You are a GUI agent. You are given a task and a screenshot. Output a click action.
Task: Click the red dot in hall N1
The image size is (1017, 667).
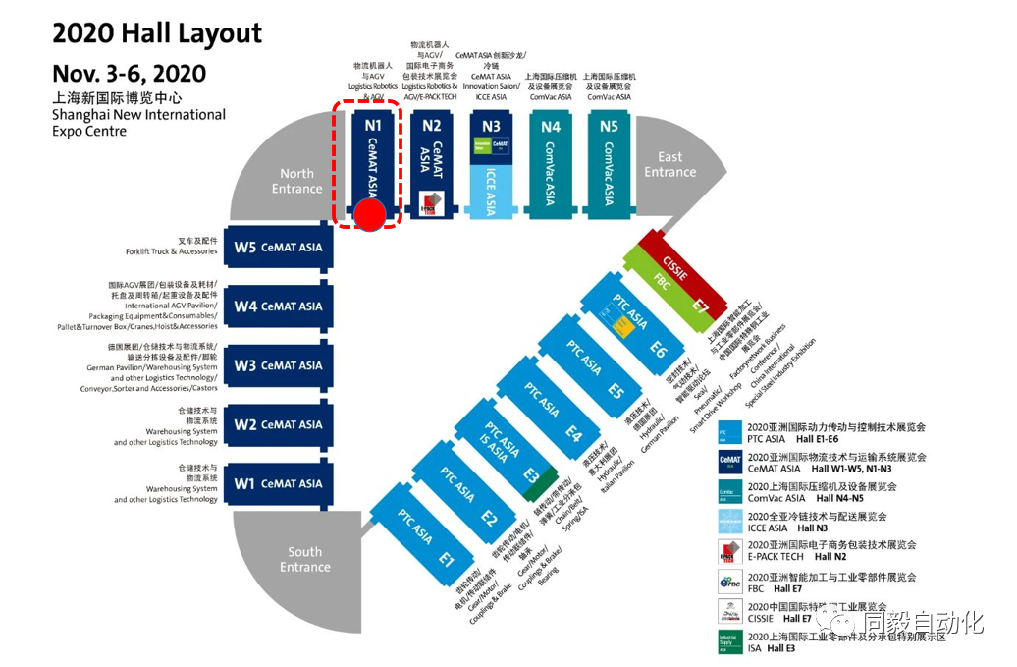tap(370, 215)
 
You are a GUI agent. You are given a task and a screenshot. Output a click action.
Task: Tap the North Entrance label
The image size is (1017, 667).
tap(296, 181)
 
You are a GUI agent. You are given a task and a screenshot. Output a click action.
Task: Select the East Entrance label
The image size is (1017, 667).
tap(670, 164)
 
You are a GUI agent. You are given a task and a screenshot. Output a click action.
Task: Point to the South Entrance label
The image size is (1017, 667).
tap(304, 559)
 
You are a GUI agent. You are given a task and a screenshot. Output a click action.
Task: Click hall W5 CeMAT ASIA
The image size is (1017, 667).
tap(279, 248)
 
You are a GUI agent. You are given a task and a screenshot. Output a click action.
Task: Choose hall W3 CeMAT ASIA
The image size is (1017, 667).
tap(279, 365)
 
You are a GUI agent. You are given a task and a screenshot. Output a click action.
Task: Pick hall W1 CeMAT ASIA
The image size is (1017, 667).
tap(279, 483)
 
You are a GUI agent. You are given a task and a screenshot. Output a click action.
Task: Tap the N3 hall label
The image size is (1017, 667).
tap(491, 126)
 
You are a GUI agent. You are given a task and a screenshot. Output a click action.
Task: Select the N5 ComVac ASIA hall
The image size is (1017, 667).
tap(609, 162)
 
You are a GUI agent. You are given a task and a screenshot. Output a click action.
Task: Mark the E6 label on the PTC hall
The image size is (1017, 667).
tap(658, 350)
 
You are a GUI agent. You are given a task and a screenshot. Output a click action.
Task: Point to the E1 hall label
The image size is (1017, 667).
tap(447, 561)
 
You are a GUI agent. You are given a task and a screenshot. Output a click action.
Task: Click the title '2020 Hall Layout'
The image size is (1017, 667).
tap(157, 34)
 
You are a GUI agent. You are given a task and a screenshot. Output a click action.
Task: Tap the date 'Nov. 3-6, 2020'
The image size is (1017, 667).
tap(130, 74)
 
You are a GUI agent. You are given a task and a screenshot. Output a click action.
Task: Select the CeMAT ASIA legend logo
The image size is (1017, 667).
tap(730, 463)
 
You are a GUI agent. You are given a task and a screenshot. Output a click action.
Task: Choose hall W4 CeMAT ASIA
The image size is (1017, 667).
tap(279, 306)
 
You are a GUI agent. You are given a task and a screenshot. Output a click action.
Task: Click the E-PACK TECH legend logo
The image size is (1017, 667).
tap(730, 551)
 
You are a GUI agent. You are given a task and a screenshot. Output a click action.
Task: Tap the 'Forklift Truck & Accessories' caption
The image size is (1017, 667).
tap(171, 252)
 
